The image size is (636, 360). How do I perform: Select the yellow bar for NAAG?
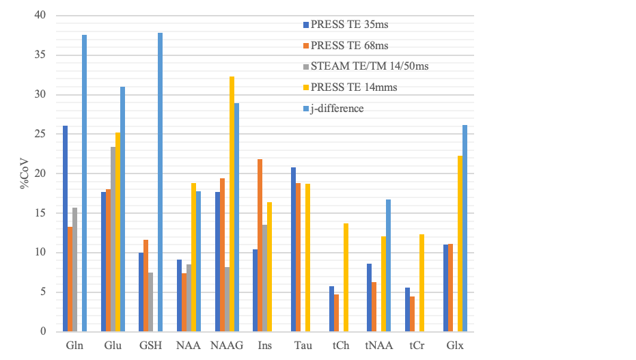point(232,204)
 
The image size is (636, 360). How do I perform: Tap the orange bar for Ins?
point(260,245)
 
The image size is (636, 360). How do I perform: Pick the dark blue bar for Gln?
point(66,229)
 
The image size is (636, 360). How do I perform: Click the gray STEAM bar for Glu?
point(113,239)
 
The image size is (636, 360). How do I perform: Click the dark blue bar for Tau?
point(294,249)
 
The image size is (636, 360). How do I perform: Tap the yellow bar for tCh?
point(346,277)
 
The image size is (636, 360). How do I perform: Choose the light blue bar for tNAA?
point(389,266)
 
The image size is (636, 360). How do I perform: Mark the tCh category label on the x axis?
point(341,346)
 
